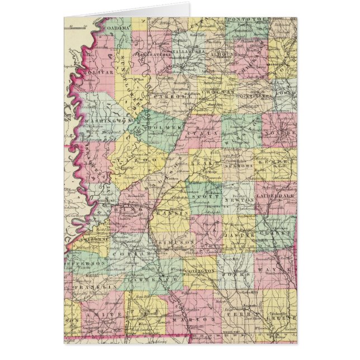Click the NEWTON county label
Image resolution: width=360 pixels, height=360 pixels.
[x=235, y=199]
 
